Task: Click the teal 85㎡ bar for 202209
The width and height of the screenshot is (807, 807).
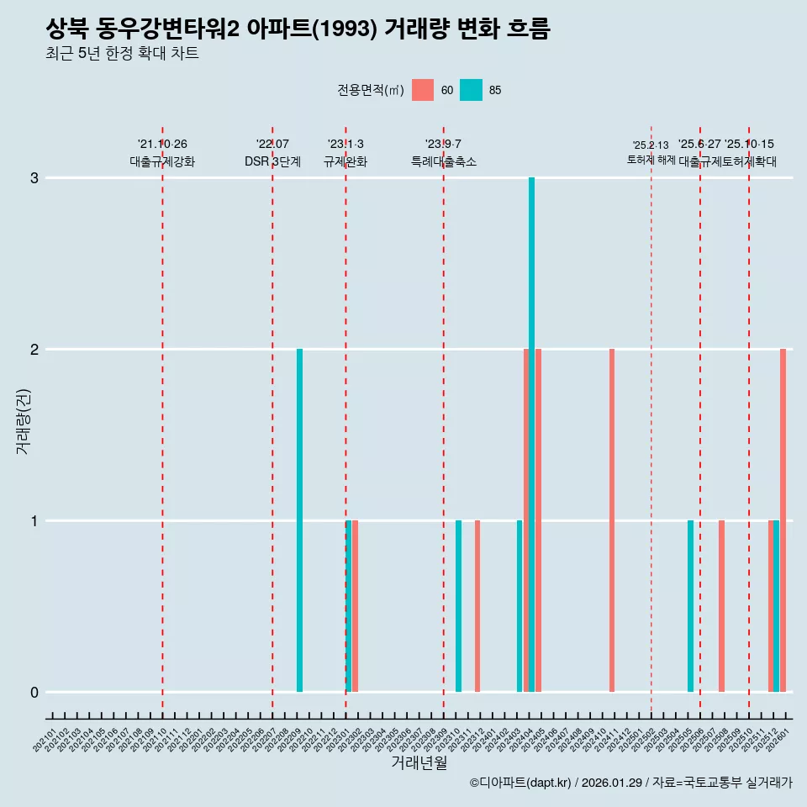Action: (299, 520)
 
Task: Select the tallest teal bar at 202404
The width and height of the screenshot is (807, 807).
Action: (531, 435)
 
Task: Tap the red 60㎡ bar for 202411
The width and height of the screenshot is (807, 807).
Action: (612, 520)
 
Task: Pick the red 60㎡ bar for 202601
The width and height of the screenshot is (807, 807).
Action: (783, 520)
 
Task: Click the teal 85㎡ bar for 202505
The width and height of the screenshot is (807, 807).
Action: (690, 606)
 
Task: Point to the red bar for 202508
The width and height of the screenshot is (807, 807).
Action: (721, 606)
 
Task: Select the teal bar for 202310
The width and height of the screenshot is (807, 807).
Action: (458, 606)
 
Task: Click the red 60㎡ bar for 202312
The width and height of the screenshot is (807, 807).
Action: (477, 606)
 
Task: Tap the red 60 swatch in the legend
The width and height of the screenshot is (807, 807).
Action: (423, 90)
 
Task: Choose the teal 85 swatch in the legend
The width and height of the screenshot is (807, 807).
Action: (471, 90)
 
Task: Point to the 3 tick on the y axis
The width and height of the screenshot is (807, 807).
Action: (34, 178)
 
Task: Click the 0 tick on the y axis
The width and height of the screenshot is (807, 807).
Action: (34, 692)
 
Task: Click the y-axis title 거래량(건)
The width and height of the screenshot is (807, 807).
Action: (23, 420)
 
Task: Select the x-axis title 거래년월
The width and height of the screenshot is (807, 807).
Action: (419, 762)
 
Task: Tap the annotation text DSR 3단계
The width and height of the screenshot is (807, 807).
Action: (272, 161)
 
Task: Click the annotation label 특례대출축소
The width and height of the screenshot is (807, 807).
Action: (443, 161)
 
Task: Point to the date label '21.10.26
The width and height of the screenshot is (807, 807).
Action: (162, 145)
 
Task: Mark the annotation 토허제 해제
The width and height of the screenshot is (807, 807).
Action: (651, 159)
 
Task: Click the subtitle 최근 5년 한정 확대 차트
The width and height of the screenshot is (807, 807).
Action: (122, 54)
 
